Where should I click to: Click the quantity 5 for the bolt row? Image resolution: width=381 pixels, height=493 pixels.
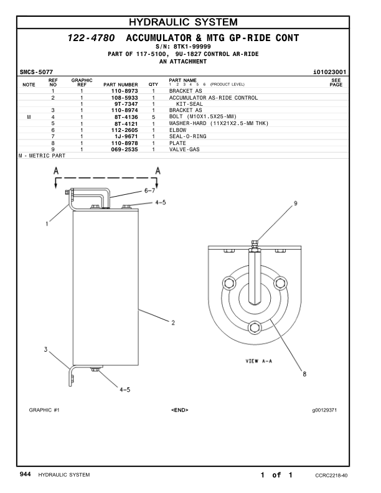click(153, 117)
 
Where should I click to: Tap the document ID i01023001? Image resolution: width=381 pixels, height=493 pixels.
click(329, 72)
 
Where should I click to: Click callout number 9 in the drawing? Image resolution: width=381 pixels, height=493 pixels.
click(296, 204)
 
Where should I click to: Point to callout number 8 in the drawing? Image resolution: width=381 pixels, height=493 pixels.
click(304, 373)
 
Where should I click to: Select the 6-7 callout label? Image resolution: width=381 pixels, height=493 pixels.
click(150, 191)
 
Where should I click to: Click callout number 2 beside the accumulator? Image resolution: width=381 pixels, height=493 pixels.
click(173, 322)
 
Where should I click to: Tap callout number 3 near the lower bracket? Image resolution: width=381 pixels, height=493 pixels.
click(45, 349)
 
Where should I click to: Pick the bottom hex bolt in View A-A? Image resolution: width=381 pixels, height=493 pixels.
click(255, 327)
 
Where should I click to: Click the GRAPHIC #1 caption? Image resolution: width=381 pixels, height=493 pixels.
click(44, 410)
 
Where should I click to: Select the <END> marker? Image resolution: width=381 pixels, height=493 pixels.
click(179, 410)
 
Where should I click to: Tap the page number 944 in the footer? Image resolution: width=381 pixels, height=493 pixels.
click(25, 475)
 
